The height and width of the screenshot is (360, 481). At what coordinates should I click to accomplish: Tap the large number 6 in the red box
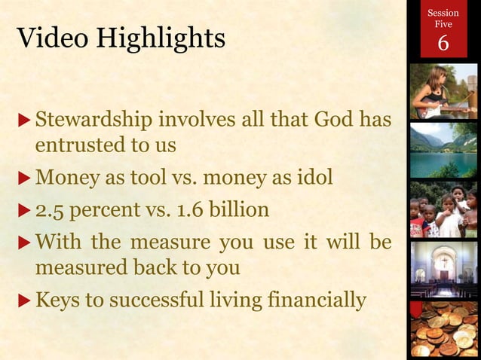(x=443, y=44)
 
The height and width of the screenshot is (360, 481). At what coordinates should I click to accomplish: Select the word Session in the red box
(x=443, y=13)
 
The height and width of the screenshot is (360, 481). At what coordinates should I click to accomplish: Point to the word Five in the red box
(x=443, y=25)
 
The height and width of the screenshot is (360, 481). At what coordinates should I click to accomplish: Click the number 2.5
(x=49, y=209)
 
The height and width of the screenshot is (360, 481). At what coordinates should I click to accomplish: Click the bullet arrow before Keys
(x=25, y=301)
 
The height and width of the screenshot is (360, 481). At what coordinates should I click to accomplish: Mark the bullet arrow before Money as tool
(x=25, y=180)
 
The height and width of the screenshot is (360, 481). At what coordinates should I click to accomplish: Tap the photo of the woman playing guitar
(x=443, y=91)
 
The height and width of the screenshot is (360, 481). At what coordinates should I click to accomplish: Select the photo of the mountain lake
(x=443, y=150)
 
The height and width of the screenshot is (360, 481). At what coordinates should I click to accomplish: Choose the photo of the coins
(x=443, y=328)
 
